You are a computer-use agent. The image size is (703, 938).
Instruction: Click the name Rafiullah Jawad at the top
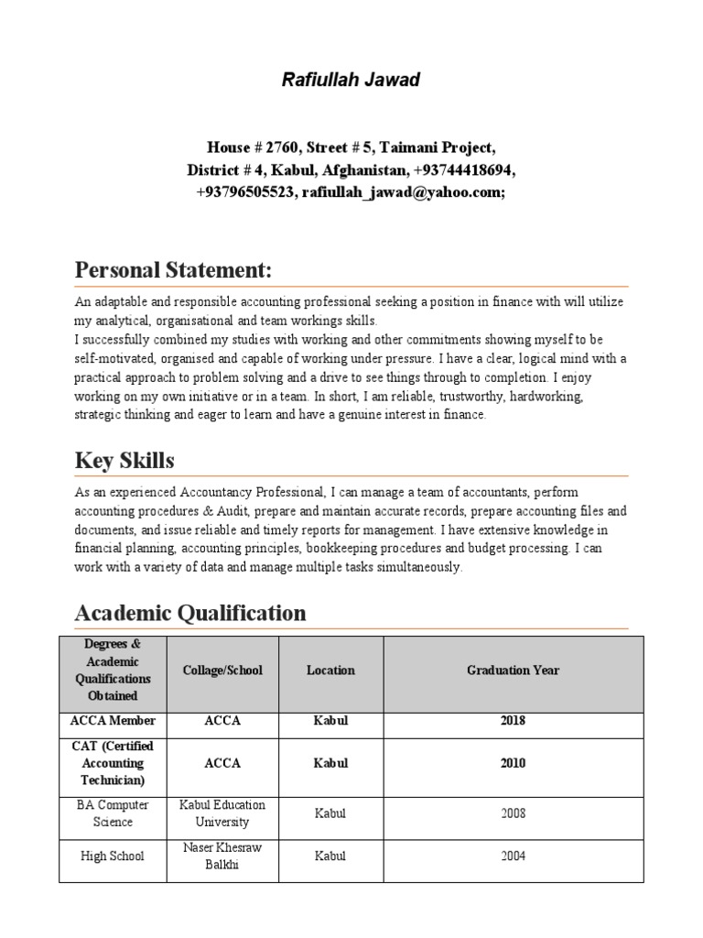click(x=351, y=81)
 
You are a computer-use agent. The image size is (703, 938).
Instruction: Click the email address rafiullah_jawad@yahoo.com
click(x=401, y=192)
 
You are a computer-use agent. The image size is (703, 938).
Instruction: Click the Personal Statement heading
click(x=173, y=271)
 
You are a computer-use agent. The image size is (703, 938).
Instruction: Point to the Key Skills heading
click(x=124, y=460)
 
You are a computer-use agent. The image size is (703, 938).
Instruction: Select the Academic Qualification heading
click(x=190, y=613)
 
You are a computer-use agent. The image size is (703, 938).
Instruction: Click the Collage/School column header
click(x=222, y=671)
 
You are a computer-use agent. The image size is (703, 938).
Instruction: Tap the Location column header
click(x=330, y=671)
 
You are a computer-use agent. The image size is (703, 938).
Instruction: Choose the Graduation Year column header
click(x=513, y=671)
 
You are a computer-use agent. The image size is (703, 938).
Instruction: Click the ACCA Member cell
click(x=113, y=721)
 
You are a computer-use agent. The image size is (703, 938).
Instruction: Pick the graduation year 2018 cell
click(x=513, y=721)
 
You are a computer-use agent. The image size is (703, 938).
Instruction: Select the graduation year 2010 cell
click(x=513, y=763)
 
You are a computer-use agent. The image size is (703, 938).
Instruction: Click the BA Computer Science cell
click(x=113, y=813)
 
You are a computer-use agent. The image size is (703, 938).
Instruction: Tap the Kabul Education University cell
click(x=222, y=813)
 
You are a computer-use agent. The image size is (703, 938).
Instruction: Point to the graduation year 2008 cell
click(x=513, y=813)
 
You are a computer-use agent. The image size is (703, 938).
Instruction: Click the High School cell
click(x=113, y=856)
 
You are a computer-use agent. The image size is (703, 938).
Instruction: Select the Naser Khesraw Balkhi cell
click(x=222, y=856)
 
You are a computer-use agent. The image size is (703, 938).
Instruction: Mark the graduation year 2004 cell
click(x=513, y=856)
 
